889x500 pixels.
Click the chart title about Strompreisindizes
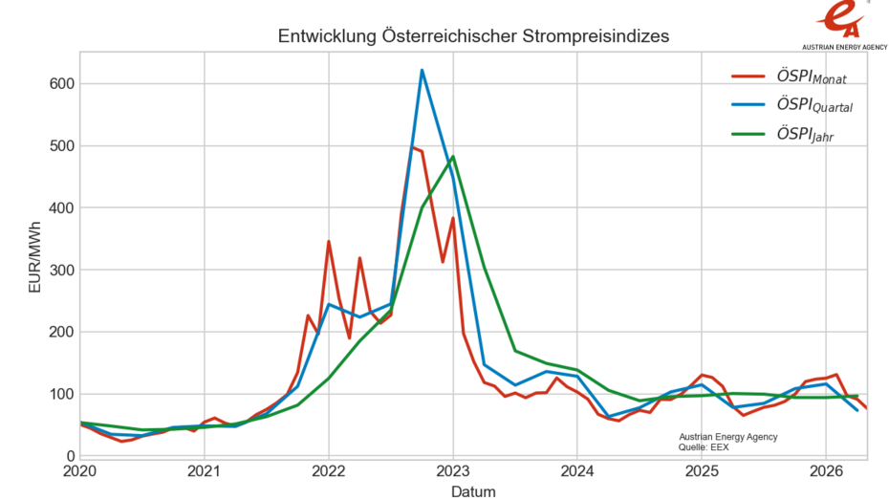point(473,36)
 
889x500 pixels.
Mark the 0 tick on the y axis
point(69,456)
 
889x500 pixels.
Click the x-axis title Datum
point(473,491)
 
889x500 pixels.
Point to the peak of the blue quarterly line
point(422,70)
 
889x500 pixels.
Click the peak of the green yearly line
point(452,157)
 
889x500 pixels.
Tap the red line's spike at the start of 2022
point(328,242)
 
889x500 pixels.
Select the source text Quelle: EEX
point(704,446)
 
